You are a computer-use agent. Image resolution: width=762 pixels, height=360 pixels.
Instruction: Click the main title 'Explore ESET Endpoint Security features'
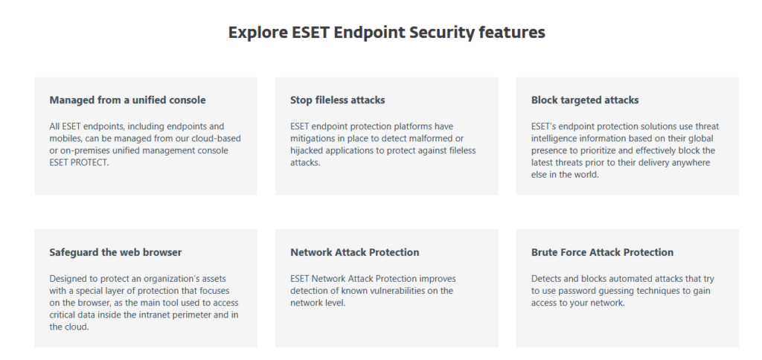(x=387, y=33)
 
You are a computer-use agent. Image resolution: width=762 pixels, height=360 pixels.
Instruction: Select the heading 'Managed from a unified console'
(x=127, y=100)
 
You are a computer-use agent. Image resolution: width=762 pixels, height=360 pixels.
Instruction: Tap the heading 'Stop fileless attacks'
(x=338, y=100)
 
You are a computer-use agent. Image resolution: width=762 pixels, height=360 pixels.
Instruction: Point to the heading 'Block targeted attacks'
(x=585, y=100)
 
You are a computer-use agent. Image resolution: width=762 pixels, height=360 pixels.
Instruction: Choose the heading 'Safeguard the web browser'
(x=115, y=253)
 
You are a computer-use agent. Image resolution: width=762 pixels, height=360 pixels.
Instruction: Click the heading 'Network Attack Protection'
(x=355, y=253)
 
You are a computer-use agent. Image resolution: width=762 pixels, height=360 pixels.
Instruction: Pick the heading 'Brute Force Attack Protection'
(x=603, y=253)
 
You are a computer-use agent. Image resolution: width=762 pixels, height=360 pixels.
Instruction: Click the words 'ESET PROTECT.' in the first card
(x=79, y=163)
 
